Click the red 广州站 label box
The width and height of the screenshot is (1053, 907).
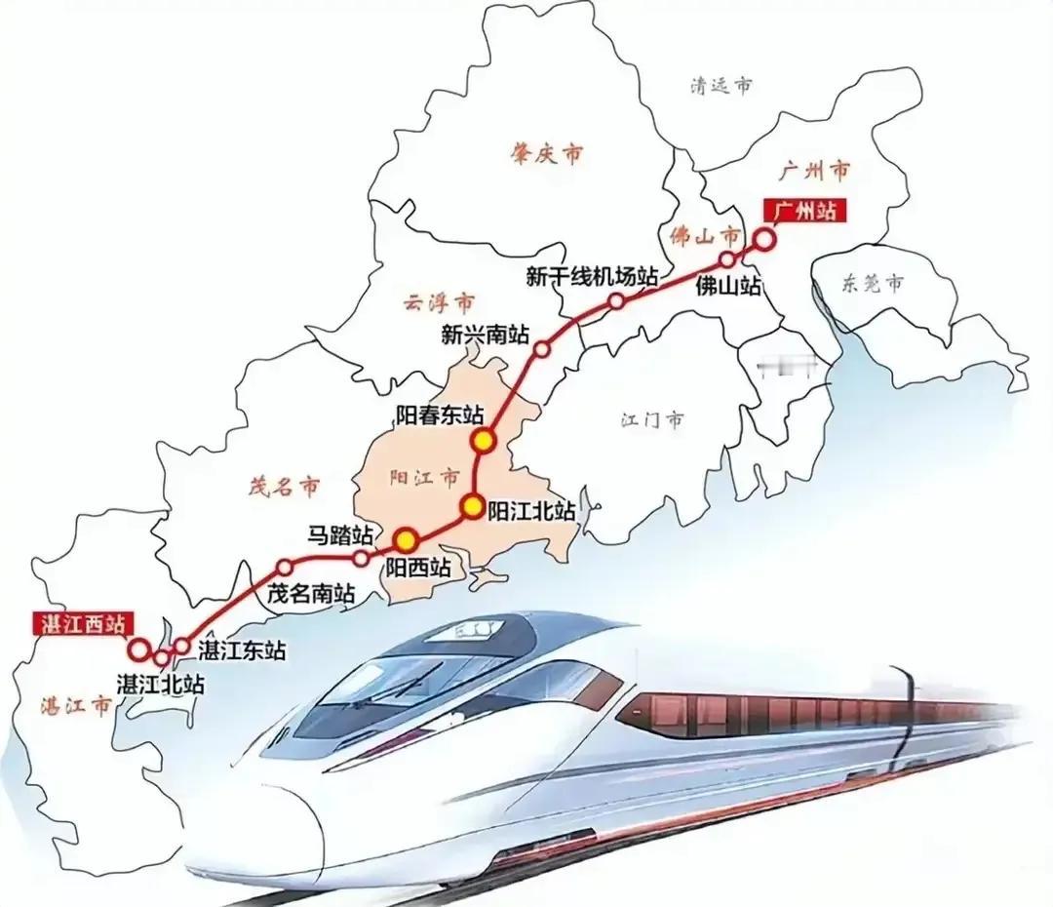[x=803, y=211]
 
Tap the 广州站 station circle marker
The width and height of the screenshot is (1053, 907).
[x=765, y=238]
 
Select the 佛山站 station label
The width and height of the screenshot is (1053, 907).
[x=727, y=288]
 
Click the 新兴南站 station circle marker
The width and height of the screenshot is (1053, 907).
[x=543, y=348]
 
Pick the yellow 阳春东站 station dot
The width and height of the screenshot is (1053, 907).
[x=484, y=441]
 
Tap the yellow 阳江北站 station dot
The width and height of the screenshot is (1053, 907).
[x=473, y=506]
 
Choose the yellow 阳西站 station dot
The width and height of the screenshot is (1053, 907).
[x=405, y=539]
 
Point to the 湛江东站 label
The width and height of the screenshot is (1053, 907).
[x=242, y=650]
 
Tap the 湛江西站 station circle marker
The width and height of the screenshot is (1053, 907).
[x=138, y=649]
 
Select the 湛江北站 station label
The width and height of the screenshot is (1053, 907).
[x=159, y=683]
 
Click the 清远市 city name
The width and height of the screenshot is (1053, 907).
[x=721, y=86]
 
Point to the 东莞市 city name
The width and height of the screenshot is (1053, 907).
[x=873, y=284]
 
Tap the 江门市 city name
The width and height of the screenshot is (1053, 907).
[x=652, y=420]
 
